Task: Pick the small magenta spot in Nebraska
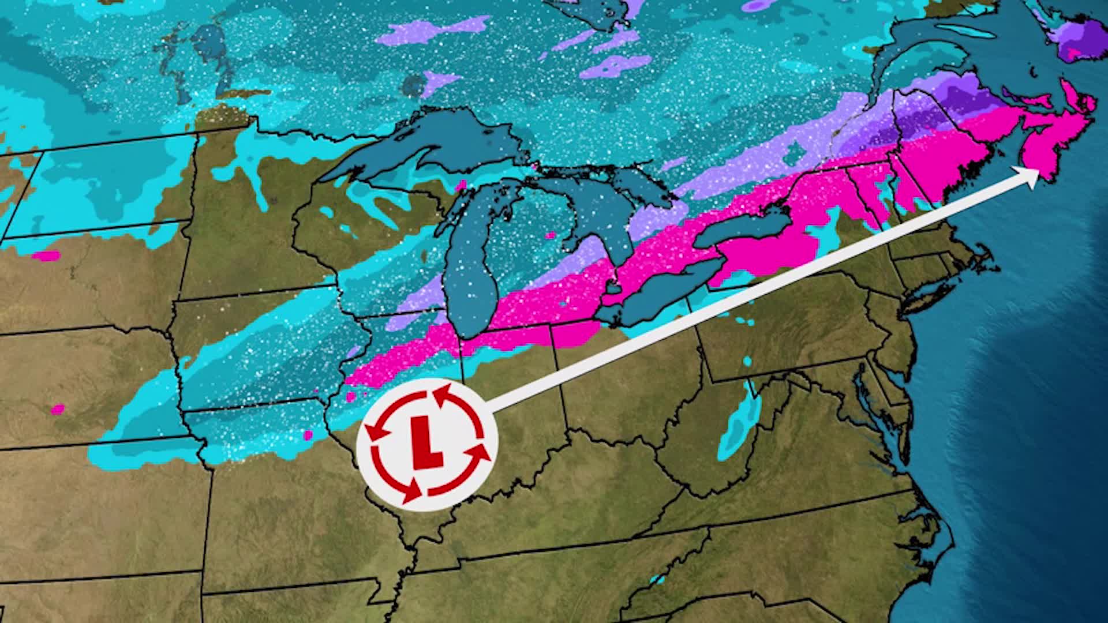pos(57,409)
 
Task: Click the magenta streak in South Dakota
pos(46,255)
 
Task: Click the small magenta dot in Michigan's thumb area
pos(550,235)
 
